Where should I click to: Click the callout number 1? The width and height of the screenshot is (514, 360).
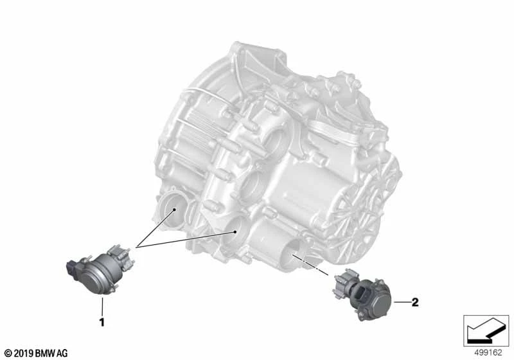pos(102,322)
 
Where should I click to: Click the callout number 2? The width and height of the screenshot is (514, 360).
pos(415,302)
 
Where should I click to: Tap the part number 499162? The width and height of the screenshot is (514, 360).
pos(488,353)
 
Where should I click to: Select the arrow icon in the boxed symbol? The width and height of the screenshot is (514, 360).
pos(486,330)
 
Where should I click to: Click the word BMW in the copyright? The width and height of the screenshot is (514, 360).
pos(45,354)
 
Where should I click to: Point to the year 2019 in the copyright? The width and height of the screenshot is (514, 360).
pos(24,354)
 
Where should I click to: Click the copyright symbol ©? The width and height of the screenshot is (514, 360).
pos(8,354)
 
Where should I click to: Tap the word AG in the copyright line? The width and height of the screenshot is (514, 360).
pos(62,354)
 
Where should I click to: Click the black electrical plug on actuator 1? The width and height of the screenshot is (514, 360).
pos(73,268)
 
